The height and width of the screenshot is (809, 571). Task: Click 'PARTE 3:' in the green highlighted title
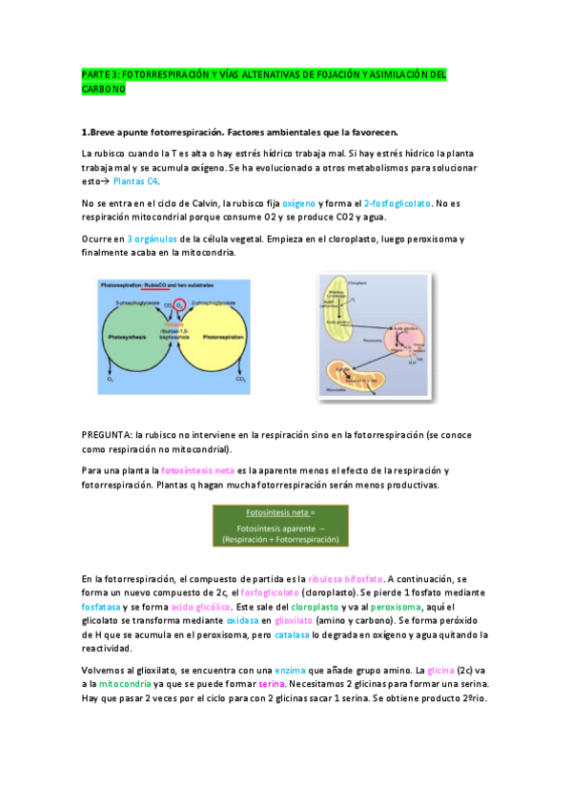99,74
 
